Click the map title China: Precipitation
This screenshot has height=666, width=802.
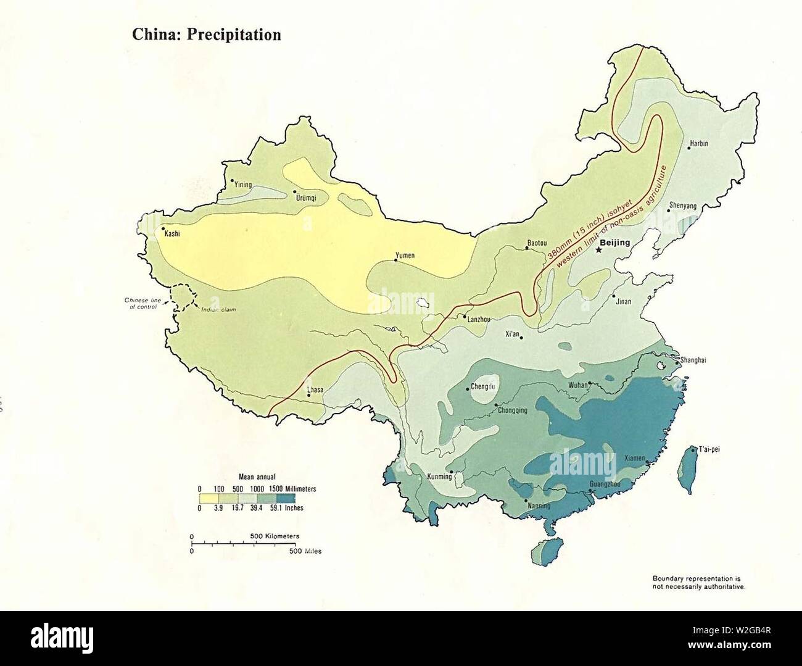pyautogui.click(x=207, y=35)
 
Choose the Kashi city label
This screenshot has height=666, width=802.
pyautogui.click(x=172, y=234)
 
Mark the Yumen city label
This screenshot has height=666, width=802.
pyautogui.click(x=405, y=255)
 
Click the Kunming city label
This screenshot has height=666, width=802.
pyautogui.click(x=439, y=477)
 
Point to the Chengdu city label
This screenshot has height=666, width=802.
pyautogui.click(x=482, y=387)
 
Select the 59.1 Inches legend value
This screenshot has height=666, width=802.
pyautogui.click(x=289, y=508)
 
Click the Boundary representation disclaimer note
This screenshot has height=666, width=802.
pyautogui.click(x=699, y=582)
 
